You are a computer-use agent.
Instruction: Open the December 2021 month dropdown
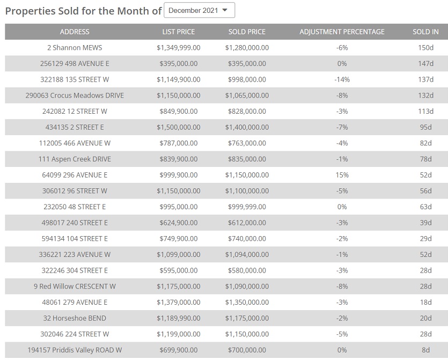[199, 10]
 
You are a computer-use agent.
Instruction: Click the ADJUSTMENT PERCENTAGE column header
[342, 32]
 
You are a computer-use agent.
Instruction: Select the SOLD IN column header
[425, 32]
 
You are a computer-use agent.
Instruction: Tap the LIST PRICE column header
[179, 32]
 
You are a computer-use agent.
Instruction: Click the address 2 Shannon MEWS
[75, 48]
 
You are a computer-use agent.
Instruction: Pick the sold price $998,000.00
[247, 79]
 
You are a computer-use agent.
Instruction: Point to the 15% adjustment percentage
[342, 175]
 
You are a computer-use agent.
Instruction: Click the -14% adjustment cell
[342, 79]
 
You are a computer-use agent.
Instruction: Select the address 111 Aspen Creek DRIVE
[75, 159]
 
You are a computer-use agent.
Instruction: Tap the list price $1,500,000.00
[179, 127]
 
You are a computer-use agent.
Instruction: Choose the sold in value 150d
[425, 48]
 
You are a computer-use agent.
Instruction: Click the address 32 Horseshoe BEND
[75, 318]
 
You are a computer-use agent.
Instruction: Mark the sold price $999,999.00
[247, 207]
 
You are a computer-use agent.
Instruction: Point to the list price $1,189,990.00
[179, 318]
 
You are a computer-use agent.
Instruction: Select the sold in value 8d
[425, 350]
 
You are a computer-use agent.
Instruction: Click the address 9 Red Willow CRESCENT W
[75, 286]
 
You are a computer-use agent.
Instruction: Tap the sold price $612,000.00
[247, 223]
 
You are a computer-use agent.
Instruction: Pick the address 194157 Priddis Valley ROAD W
[75, 350]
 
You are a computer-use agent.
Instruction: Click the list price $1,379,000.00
[179, 302]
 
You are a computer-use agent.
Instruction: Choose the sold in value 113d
[425, 111]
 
